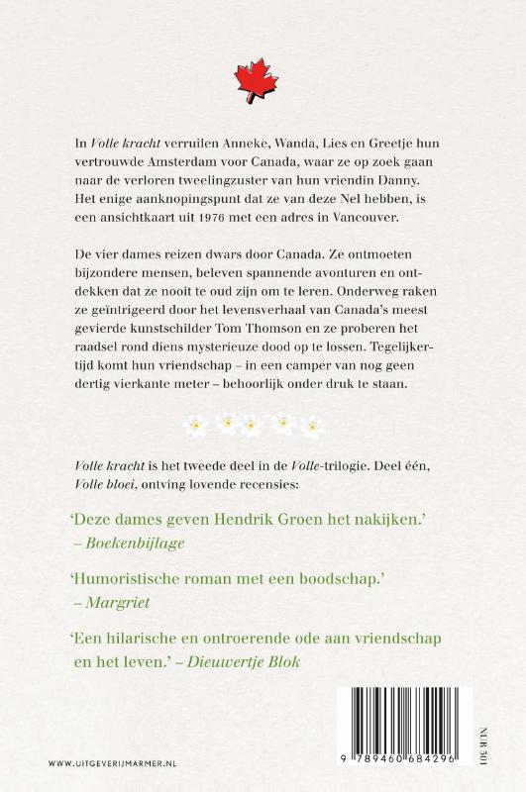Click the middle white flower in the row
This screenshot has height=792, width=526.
(254, 426)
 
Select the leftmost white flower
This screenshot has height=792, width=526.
(196, 426)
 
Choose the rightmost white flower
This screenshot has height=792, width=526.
(312, 426)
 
